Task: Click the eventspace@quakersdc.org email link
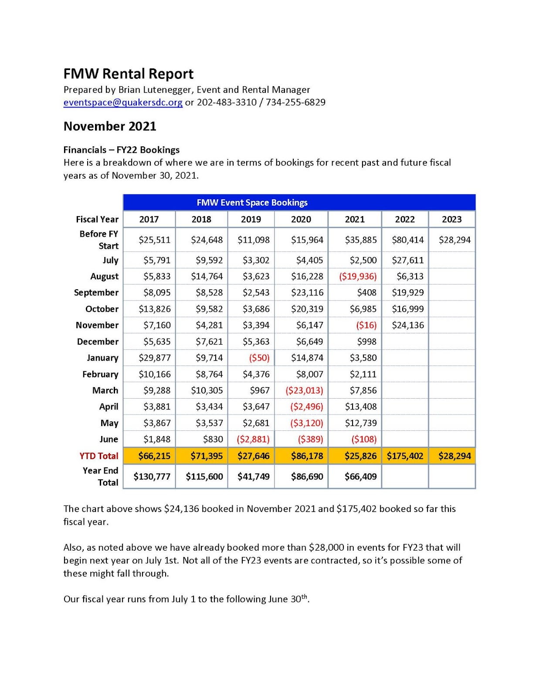[123, 102]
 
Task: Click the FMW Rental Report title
[129, 74]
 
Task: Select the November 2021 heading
[110, 126]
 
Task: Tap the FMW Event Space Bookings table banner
[252, 203]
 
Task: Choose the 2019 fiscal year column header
[251, 219]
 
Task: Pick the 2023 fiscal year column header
[451, 219]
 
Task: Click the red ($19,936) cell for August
[358, 276]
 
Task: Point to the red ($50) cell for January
[259, 358]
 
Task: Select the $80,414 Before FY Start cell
[407, 240]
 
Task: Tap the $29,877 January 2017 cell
[154, 358]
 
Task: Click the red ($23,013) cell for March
[304, 390]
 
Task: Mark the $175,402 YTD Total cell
[405, 456]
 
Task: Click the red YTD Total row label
[98, 456]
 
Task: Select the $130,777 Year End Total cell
[152, 477]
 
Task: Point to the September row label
[96, 292]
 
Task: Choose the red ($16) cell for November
[366, 325]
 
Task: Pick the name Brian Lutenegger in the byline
[155, 90]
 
